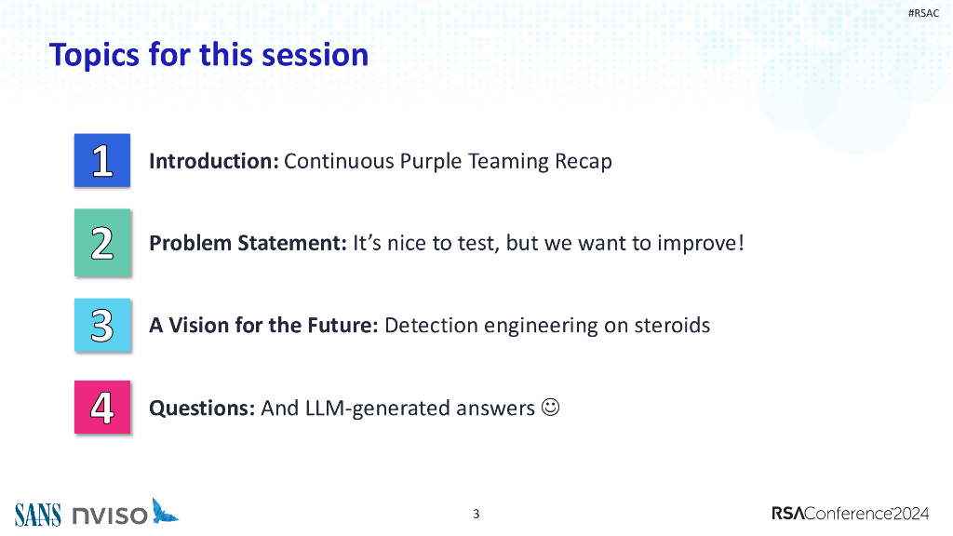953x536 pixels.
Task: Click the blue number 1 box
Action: [x=102, y=160]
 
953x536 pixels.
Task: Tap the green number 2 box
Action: [x=102, y=243]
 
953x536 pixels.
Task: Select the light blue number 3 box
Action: [x=102, y=325]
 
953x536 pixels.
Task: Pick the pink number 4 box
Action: [x=102, y=408]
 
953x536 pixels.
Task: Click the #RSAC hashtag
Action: [x=923, y=13]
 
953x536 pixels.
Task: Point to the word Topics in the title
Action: [x=95, y=55]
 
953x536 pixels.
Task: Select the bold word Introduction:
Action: [x=214, y=161]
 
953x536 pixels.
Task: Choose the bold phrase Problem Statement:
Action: [x=248, y=243]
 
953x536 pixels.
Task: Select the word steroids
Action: [x=672, y=325]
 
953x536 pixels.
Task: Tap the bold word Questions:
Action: [x=202, y=408]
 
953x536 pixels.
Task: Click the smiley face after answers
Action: [x=550, y=407]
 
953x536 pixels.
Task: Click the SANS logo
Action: [x=37, y=515]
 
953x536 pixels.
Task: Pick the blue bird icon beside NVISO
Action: [x=165, y=511]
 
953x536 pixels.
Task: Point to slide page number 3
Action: [x=476, y=514]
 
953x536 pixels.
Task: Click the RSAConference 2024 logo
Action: [x=851, y=514]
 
